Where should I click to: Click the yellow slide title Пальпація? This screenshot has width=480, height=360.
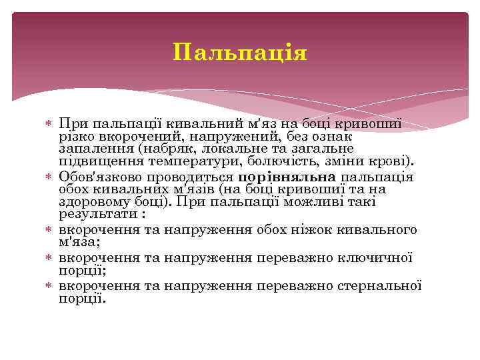pos(240,52)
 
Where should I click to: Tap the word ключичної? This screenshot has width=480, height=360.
pos(374,257)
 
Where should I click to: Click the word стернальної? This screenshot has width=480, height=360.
pos(382,285)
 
